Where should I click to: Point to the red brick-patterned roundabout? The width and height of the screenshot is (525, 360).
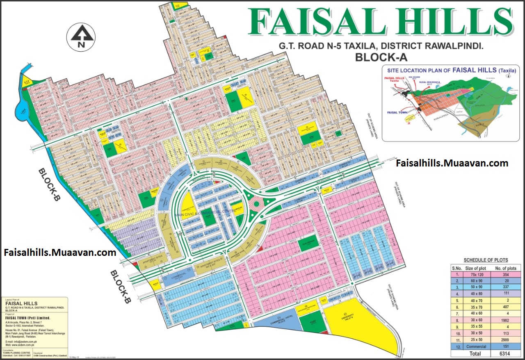click(257, 204)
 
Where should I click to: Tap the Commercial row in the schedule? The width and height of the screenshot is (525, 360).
click(484, 346)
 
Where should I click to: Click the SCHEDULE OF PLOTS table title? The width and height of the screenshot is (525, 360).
click(486, 260)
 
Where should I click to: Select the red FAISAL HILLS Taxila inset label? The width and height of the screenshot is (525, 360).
click(394, 80)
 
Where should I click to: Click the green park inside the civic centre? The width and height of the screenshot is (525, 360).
click(209, 218)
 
